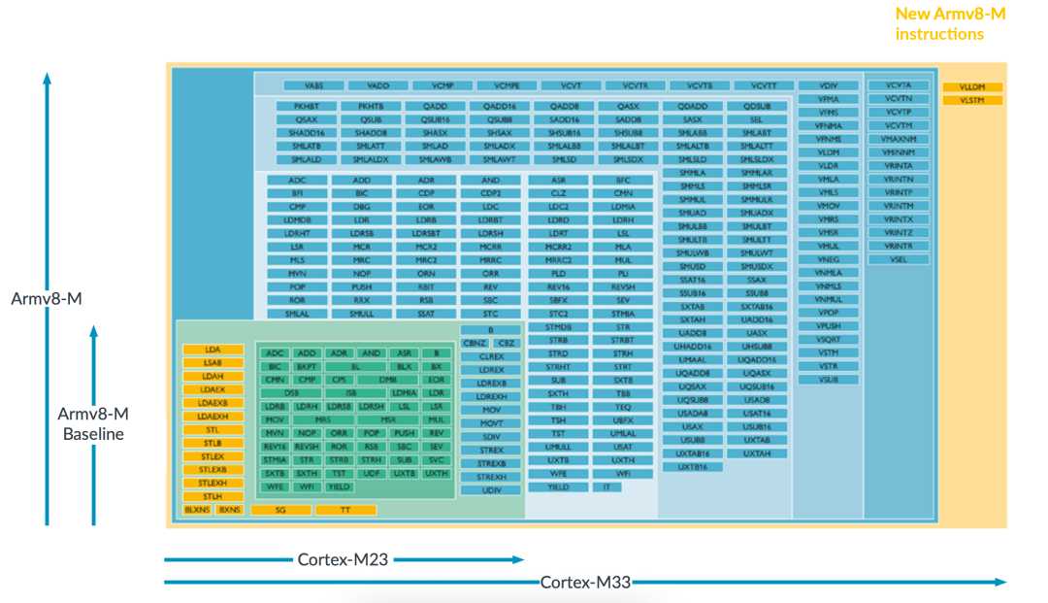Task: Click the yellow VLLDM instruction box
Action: [972, 87]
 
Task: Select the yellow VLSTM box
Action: [972, 100]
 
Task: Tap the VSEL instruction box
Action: [899, 259]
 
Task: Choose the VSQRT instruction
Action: [828, 339]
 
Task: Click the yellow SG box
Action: [280, 510]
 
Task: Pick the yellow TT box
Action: [345, 510]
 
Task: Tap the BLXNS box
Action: [196, 510]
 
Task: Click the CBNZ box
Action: [474, 343]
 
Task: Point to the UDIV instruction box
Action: [492, 489]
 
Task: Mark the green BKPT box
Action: [308, 367]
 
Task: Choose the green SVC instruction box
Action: [437, 459]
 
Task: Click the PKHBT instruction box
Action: [307, 106]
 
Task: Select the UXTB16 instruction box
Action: [693, 466]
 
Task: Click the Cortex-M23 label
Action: [344, 559]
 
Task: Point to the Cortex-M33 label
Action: [585, 582]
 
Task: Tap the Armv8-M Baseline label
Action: [93, 423]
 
